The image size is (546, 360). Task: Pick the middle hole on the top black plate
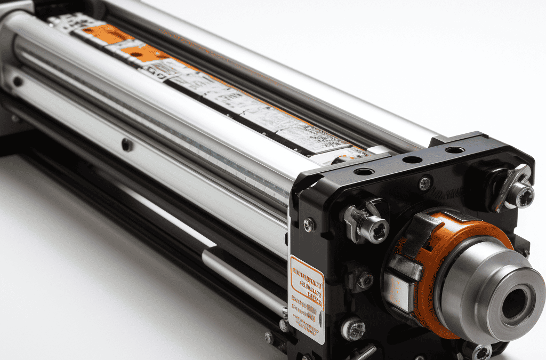point(412,159)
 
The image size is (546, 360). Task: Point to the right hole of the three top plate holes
point(454,150)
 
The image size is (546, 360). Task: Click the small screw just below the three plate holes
point(424,183)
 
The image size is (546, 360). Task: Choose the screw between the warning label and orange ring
point(365,280)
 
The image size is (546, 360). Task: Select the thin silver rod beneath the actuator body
point(240,277)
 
